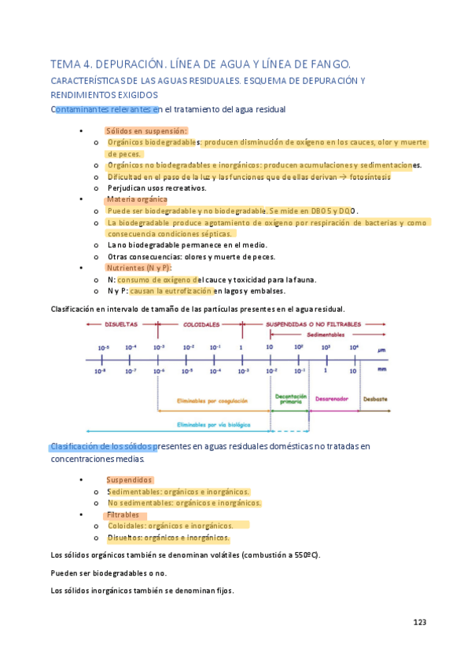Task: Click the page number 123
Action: pos(419,622)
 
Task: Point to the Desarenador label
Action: pos(331,398)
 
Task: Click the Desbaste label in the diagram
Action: pos(374,398)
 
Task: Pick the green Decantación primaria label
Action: pos(290,399)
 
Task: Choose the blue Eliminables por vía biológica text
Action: pos(213,424)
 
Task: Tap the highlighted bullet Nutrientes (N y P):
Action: pos(138,268)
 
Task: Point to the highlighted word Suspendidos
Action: pos(129,479)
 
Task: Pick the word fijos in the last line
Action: pos(222,591)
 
